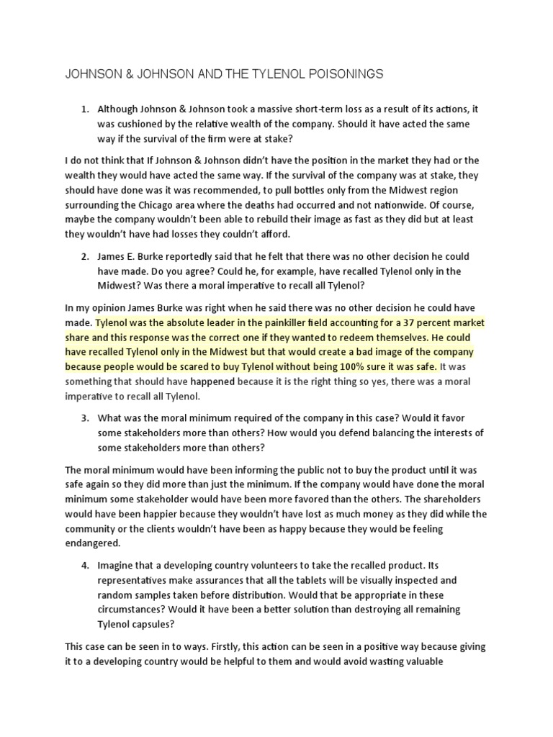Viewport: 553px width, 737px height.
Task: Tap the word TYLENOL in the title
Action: click(x=257, y=73)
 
